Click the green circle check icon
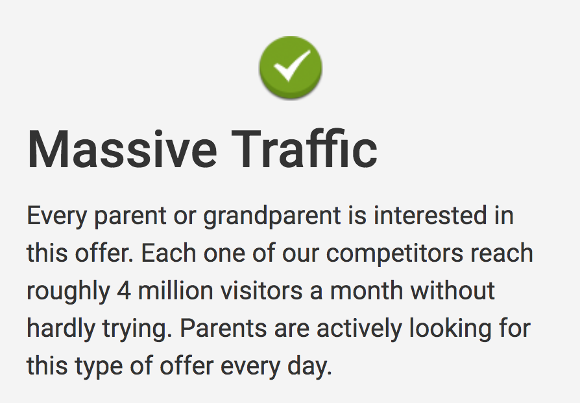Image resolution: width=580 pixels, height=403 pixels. tap(291, 68)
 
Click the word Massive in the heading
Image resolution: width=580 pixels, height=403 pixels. tap(122, 150)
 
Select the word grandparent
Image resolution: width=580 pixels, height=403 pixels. tap(272, 217)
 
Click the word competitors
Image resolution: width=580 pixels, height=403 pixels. tap(394, 255)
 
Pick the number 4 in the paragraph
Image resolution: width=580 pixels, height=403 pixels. tap(124, 291)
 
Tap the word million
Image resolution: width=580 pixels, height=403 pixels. tap(175, 290)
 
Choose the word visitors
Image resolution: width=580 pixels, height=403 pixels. tap(261, 290)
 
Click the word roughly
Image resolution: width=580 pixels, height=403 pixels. tap(68, 292)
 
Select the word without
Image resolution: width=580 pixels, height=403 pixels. tap(453, 290)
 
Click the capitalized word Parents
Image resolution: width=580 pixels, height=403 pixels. tap(223, 328)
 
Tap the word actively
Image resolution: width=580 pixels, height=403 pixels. tap(359, 329)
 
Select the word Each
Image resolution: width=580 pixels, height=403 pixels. tap(168, 253)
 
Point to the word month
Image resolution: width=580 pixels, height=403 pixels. tap(366, 290)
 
